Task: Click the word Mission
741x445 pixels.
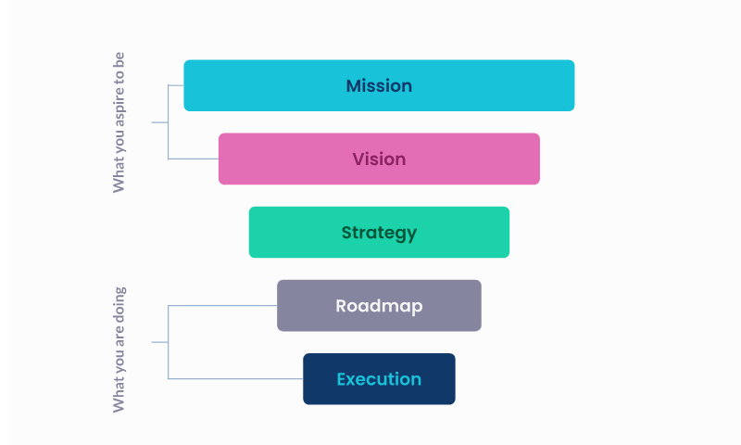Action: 379,86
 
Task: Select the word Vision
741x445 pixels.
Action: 379,159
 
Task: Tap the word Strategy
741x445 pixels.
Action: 379,233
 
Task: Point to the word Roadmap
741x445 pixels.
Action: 379,306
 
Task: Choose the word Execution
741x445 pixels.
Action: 379,379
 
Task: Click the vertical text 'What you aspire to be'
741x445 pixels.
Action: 119,121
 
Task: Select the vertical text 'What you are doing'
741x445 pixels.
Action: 119,350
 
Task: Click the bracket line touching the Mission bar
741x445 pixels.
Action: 176,85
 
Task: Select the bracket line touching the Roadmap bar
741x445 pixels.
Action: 222,305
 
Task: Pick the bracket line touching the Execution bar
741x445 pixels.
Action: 235,378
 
